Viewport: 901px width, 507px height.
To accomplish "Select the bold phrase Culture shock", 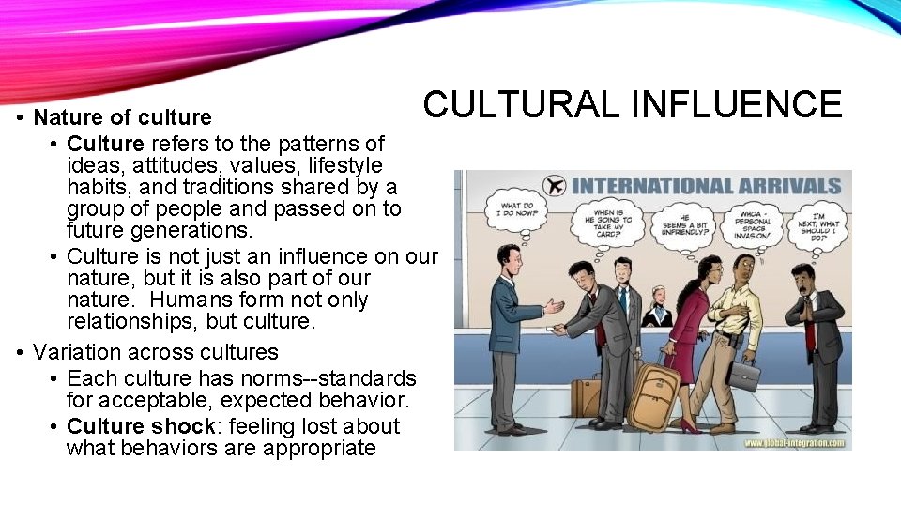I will (x=141, y=426).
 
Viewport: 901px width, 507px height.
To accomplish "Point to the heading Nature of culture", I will (x=122, y=117).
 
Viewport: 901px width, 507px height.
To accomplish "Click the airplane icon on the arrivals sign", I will (x=555, y=185).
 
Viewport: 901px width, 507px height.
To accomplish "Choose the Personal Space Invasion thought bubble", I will (x=754, y=226).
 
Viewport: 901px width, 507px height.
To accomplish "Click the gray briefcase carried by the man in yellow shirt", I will (x=746, y=376).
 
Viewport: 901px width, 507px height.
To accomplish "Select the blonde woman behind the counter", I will (x=656, y=307).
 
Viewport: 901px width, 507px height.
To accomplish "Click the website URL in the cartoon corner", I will (x=798, y=441).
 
